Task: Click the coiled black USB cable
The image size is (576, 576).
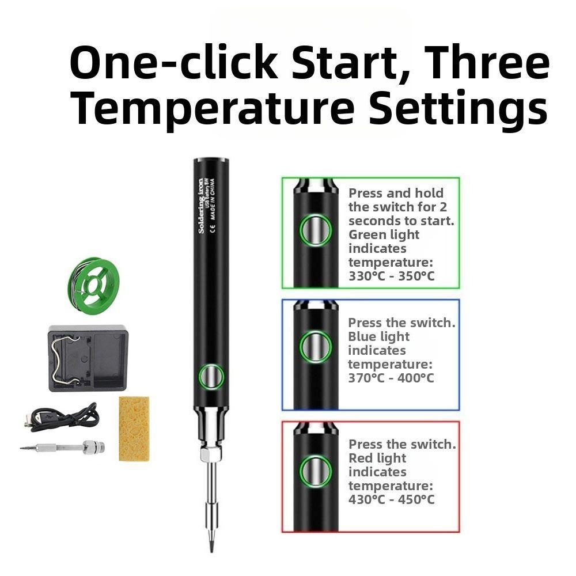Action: coord(63,418)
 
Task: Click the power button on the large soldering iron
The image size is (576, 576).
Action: coord(210,377)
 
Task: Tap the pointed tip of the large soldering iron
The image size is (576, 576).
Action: coord(211,544)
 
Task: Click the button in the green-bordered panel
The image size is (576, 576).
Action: coord(316,231)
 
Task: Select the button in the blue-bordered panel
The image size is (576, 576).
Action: coord(316,347)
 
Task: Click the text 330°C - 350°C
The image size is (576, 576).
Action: coord(392,276)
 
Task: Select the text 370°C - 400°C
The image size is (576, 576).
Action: coord(391,378)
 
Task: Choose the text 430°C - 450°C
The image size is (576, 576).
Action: coord(391,499)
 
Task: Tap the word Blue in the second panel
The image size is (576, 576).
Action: coord(362,336)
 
